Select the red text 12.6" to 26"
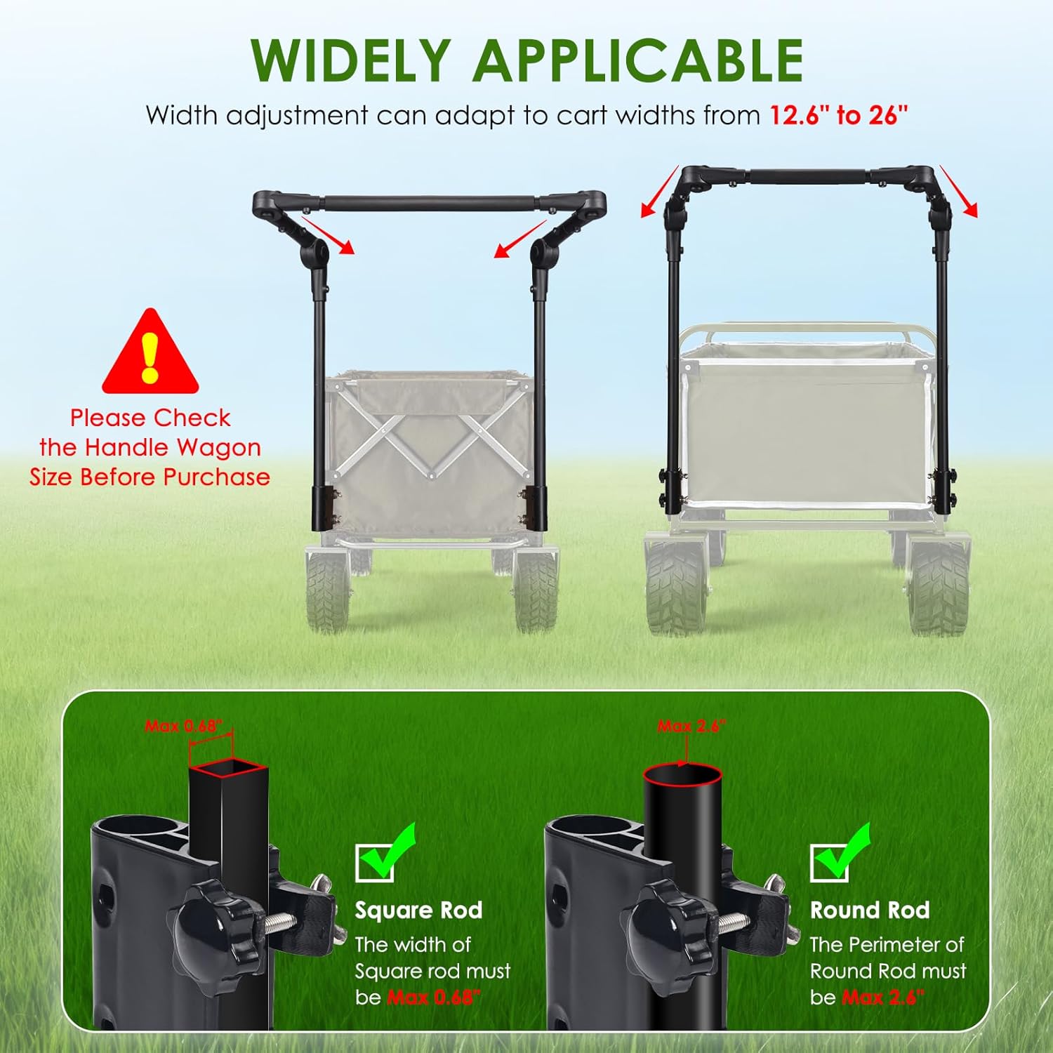tap(838, 115)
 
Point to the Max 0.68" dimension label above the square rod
tap(189, 726)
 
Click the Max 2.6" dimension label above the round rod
tap(691, 726)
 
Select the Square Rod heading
tap(418, 910)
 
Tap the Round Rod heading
tap(870, 910)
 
